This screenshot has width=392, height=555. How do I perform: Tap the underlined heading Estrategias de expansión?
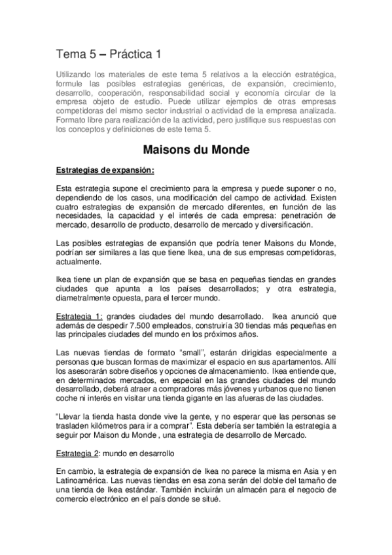tap(105, 170)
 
